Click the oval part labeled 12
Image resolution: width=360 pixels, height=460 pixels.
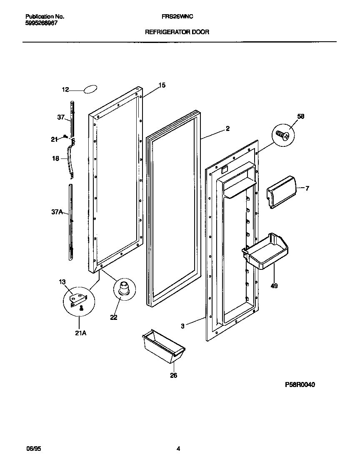(x=90, y=89)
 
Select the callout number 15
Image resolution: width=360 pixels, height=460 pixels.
(x=162, y=85)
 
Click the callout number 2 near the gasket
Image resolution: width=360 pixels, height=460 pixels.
(x=227, y=128)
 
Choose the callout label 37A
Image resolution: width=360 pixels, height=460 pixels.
(x=57, y=212)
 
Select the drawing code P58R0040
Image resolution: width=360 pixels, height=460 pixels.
(x=300, y=385)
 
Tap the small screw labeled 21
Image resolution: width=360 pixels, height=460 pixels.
(x=66, y=137)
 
